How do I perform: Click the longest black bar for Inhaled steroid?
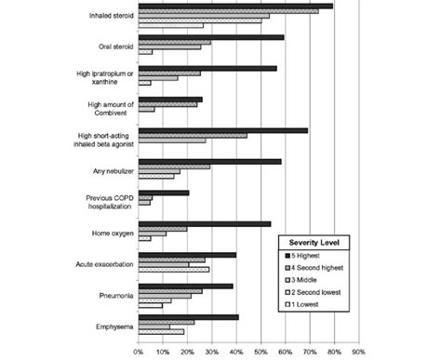click(234, 7)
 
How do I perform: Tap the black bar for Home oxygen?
click(204, 223)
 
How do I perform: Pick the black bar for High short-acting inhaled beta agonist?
click(222, 130)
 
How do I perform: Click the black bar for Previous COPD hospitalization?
click(163, 193)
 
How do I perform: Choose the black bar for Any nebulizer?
click(209, 162)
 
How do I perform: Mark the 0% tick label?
click(139, 352)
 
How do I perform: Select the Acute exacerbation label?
click(100, 264)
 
